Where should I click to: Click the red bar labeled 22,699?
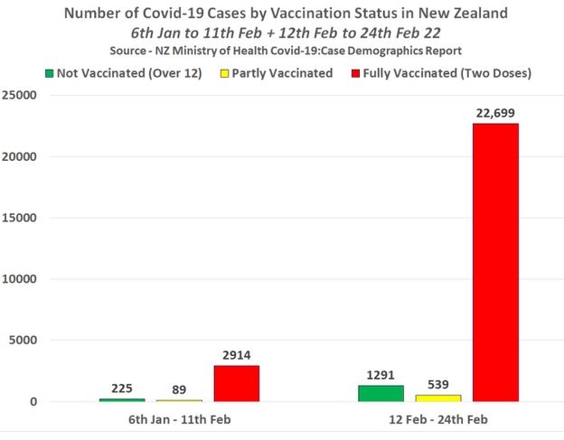(495, 262)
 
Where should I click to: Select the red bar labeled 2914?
(236, 383)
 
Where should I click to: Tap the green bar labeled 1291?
(381, 393)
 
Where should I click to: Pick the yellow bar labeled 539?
(437, 398)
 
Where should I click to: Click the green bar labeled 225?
(122, 399)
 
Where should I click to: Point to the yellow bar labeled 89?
(179, 400)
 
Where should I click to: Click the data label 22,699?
(495, 112)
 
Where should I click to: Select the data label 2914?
(236, 355)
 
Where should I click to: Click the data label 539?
(437, 384)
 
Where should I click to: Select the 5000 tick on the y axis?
(25, 341)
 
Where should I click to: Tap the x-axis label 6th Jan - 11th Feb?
(179, 421)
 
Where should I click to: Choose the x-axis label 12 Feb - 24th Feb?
(438, 421)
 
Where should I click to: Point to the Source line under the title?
(282, 50)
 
